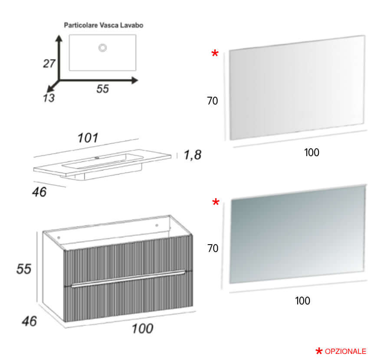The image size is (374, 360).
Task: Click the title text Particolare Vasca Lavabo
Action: coord(104,25)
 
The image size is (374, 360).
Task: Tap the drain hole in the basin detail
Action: coord(102,48)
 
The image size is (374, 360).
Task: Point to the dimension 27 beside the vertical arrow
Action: coord(49,64)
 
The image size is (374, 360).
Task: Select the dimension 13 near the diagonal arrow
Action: coord(49,98)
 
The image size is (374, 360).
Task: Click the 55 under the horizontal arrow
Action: coord(102,89)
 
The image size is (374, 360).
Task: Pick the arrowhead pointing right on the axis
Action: coord(135,81)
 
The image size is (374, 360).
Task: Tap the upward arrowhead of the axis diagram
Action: coord(59,38)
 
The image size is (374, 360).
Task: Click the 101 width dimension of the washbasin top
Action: coord(88,138)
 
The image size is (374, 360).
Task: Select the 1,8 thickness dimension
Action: coord(193,155)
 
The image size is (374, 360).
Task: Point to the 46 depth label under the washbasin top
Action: coord(39,192)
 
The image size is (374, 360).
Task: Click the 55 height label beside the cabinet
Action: coord(23,269)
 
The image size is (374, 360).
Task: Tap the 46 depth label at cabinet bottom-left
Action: coord(30,321)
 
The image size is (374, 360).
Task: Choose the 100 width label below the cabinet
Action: coord(142,328)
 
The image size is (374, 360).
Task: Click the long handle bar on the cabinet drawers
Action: coord(128,278)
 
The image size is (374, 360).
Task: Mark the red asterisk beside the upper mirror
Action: coord(215,53)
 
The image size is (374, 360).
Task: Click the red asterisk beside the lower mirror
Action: coord(216,202)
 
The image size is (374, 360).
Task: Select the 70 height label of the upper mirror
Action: coord(212,101)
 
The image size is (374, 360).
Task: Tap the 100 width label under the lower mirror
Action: coord(302,301)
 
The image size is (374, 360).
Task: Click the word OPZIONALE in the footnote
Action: coord(345,351)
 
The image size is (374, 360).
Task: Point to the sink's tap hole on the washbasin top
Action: coord(97,157)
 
